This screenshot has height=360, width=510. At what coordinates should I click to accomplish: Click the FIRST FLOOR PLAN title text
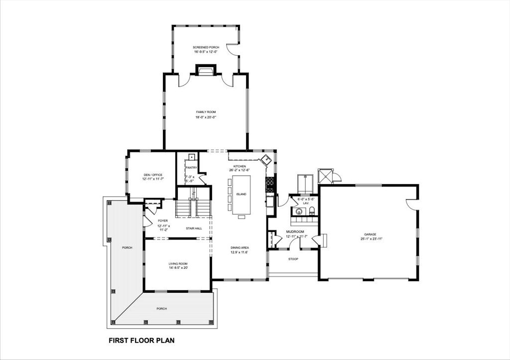[141, 341]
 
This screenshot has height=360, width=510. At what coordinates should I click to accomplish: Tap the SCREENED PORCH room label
[206, 47]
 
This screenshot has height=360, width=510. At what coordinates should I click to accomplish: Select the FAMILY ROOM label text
[206, 112]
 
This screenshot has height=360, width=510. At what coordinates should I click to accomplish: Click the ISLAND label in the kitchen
[241, 194]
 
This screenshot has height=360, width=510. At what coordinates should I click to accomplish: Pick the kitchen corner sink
[267, 160]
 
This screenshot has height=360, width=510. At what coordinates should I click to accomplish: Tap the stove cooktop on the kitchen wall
[270, 185]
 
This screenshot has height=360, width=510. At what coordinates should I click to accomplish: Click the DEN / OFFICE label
[153, 175]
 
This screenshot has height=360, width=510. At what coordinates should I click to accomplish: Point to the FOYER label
[163, 221]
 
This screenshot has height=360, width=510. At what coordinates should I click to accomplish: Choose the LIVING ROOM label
[178, 263]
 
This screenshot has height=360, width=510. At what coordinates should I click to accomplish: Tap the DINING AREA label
[239, 247]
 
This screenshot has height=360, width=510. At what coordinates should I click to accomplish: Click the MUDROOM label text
[295, 232]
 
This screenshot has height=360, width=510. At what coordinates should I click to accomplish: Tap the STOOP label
[293, 259]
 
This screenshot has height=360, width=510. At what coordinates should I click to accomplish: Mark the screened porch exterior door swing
[232, 49]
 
